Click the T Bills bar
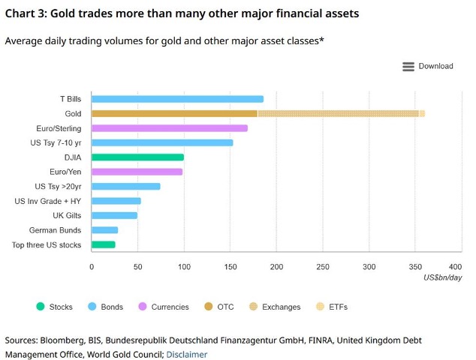tap(177, 99)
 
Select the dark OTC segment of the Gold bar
tap(174, 113)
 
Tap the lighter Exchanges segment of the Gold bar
tap(338, 113)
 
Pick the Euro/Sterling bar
tap(169, 128)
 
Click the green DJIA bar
tap(137, 157)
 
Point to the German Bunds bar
tap(104, 230)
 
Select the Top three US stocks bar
tap(103, 244)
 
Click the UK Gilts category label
tap(67, 216)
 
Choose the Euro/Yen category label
tap(65, 172)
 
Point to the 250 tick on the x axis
tap(323, 267)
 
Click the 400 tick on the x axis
tap(455, 267)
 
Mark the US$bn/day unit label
tap(443, 278)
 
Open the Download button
tap(428, 66)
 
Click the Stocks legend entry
tap(56, 307)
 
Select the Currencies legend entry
tap(163, 307)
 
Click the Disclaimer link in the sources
tap(186, 354)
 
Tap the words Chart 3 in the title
tap(27, 12)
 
